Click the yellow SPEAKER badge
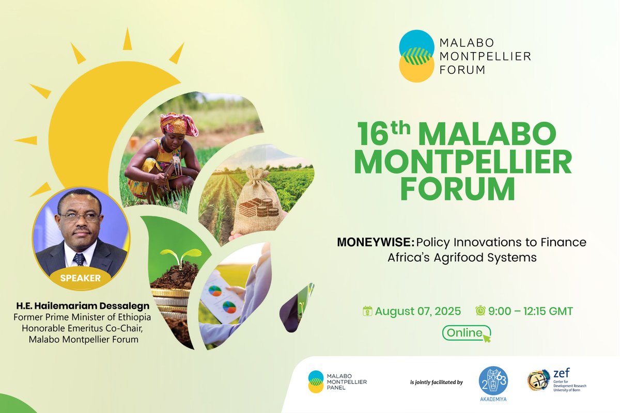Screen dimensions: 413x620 [80, 278]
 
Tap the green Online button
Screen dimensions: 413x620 [463, 333]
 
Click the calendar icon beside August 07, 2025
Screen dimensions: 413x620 [367, 311]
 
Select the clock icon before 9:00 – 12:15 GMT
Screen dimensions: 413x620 [481, 311]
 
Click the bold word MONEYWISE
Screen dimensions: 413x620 [375, 242]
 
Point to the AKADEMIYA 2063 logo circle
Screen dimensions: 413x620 [493, 381]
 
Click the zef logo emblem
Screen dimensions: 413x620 [538, 380]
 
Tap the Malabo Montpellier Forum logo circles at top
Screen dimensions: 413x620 [416, 56]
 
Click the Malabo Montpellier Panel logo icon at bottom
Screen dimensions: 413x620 [316, 382]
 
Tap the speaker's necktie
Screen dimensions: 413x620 [79, 258]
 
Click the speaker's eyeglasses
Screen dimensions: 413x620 [80, 217]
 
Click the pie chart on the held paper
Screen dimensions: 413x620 [215, 291]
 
